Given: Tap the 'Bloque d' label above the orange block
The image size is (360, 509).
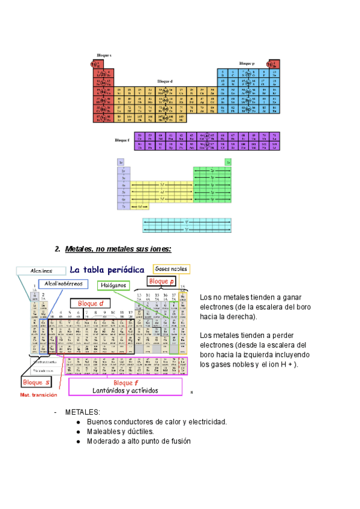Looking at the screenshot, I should (x=165, y=80).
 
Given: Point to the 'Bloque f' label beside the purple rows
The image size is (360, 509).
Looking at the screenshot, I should (x=122, y=140).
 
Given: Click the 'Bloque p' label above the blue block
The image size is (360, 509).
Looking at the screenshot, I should (x=247, y=63).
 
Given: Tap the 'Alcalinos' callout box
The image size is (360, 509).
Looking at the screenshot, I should (x=41, y=271).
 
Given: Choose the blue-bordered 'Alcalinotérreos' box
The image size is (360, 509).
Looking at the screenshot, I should (x=63, y=283).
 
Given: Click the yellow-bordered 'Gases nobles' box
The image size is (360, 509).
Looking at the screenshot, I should (x=171, y=269).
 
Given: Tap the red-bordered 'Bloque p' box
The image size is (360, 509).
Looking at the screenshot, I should (x=161, y=281).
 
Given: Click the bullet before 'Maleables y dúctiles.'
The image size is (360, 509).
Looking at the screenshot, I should (x=79, y=432).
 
